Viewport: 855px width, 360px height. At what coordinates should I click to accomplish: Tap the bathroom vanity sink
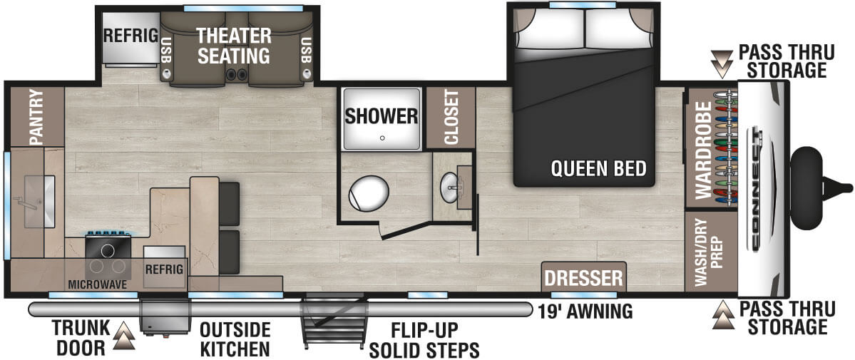[452, 187]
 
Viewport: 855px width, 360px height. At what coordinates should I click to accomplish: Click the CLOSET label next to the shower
[451, 118]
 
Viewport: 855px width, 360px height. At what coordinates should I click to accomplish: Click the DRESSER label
[584, 277]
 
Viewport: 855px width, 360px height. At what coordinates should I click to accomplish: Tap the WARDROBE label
[704, 150]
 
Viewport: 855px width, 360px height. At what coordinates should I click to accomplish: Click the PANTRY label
[36, 117]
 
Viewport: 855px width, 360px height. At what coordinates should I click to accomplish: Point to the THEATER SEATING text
[234, 45]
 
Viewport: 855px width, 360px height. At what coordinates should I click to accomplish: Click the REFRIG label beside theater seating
[130, 36]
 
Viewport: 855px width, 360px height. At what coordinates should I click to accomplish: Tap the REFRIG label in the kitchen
[165, 269]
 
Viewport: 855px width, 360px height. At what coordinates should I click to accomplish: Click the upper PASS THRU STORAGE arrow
[722, 63]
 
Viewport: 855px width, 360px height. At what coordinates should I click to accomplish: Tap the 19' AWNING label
[587, 311]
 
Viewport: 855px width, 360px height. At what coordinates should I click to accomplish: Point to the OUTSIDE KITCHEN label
[235, 339]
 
